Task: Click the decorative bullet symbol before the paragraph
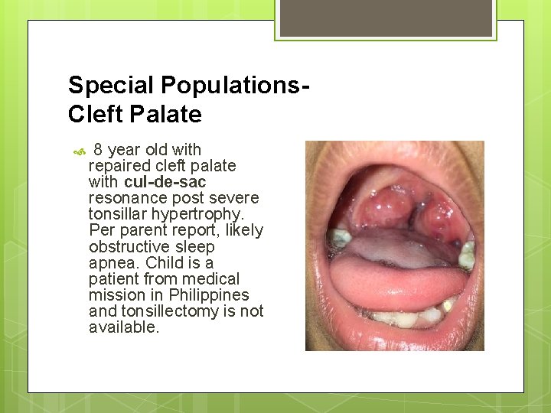click(77, 152)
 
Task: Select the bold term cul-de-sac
click(165, 182)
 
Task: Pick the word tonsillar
click(119, 214)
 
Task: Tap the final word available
click(123, 327)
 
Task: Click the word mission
click(116, 294)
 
